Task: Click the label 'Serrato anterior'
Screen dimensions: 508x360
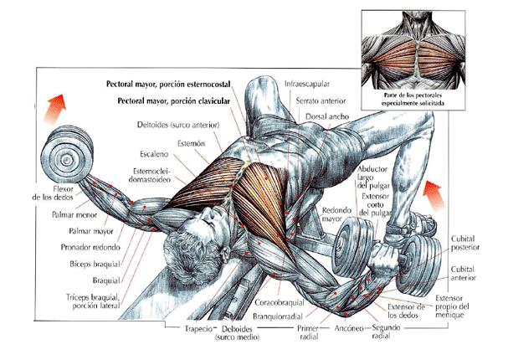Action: [321, 101]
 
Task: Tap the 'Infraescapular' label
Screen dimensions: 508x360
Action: [307, 84]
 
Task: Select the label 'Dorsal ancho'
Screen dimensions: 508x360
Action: [327, 116]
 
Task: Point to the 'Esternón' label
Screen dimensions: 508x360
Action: [191, 143]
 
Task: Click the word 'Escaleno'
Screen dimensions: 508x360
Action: [154, 154]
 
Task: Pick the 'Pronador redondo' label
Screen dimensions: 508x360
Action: [90, 247]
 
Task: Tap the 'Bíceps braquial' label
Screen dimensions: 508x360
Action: [95, 264]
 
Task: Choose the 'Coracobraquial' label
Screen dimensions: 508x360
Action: [280, 302]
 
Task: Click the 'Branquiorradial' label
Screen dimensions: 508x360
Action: [278, 316]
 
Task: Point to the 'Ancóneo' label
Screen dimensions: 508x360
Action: [349, 328]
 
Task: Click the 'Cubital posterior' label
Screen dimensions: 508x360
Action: [465, 243]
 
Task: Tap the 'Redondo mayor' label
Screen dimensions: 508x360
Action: [336, 214]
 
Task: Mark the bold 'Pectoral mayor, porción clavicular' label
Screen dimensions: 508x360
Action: [173, 101]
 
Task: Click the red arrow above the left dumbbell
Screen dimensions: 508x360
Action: [55, 108]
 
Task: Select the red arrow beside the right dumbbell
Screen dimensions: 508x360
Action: [434, 193]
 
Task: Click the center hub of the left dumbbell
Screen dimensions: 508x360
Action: [66, 160]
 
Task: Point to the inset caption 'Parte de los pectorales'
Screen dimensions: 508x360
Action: [413, 95]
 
